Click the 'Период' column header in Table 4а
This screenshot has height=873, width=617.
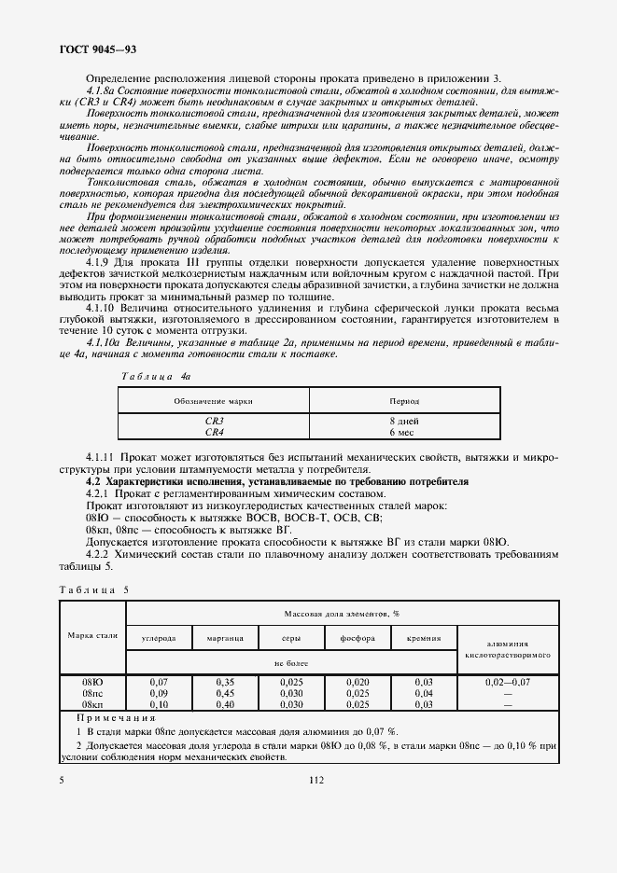point(403,400)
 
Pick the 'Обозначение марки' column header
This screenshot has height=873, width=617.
point(214,400)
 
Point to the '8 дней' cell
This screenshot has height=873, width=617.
point(403,422)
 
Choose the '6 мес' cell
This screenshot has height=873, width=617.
point(403,432)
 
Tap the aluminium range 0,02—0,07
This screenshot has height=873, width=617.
point(508,683)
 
